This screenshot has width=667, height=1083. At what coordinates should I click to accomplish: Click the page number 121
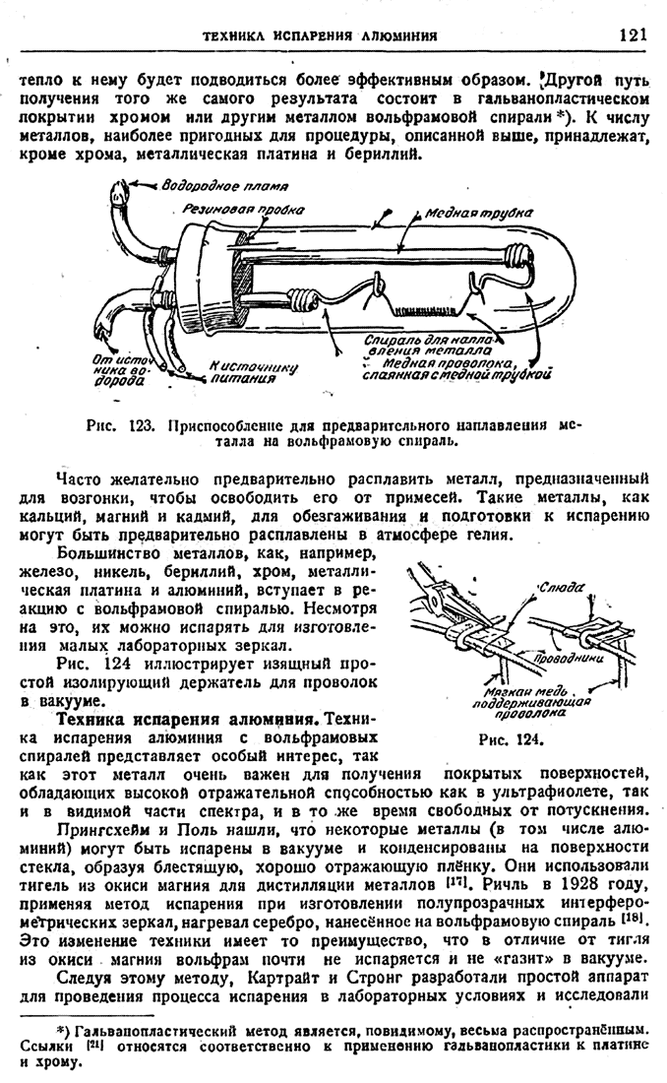point(633,34)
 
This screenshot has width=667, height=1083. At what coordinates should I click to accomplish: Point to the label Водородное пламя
point(224,186)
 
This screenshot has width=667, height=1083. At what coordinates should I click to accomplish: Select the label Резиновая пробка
point(242,210)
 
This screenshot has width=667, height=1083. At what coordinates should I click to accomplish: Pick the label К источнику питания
point(253,371)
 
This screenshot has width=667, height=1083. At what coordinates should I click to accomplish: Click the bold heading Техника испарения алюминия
point(186,719)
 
